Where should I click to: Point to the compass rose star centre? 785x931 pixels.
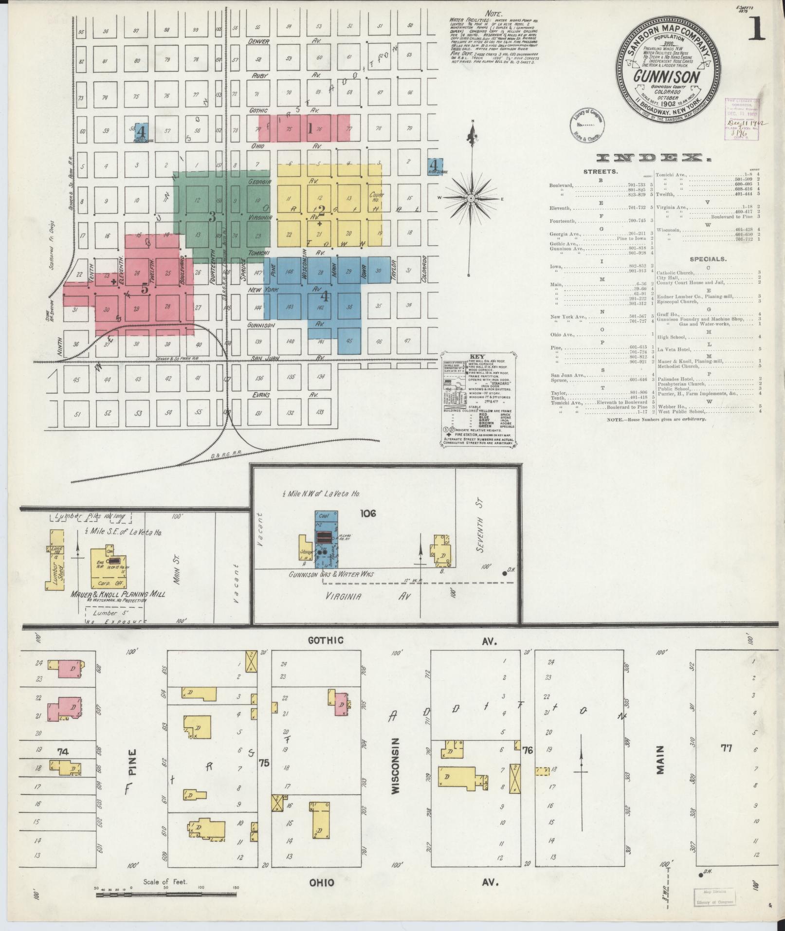click(x=471, y=199)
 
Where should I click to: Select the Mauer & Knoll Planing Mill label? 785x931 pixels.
click(x=117, y=594)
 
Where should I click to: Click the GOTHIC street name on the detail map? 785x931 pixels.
click(x=326, y=640)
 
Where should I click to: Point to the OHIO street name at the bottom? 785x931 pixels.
click(x=321, y=882)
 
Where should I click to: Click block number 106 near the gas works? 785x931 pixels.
click(x=368, y=513)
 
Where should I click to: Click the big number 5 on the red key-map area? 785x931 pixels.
click(x=145, y=288)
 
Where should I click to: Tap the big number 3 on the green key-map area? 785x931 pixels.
click(x=212, y=217)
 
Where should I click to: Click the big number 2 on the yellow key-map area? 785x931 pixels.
click(x=321, y=210)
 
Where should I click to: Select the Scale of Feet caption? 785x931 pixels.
click(x=165, y=881)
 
